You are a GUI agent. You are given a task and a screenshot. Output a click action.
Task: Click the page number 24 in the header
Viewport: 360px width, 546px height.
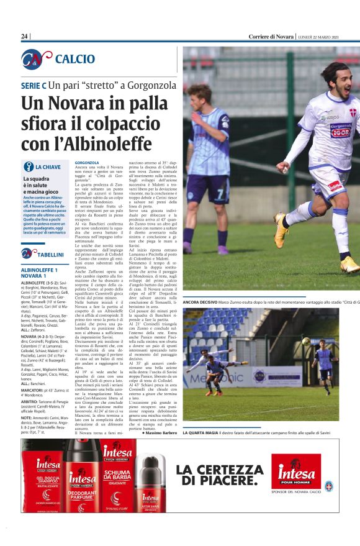(25, 37)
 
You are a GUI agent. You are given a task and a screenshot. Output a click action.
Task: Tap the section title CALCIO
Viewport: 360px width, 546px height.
(75, 59)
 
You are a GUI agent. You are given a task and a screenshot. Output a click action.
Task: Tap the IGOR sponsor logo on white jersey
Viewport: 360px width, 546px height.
(340, 132)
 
